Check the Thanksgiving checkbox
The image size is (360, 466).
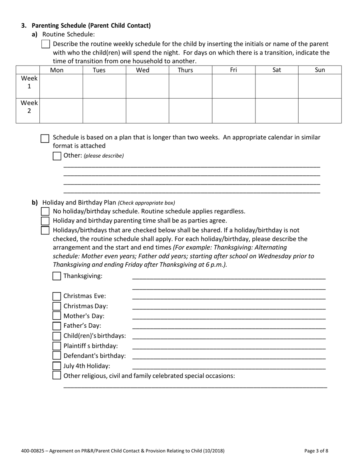[x=56, y=276]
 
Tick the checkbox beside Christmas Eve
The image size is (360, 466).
[x=56, y=296]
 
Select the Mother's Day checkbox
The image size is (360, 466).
[x=56, y=316]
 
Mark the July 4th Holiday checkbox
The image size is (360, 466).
[x=56, y=366]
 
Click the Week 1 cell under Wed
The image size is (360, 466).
[x=147, y=86]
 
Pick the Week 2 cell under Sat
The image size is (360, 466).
[x=277, y=111]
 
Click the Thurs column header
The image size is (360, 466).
[x=185, y=70]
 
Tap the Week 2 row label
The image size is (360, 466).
[x=29, y=107]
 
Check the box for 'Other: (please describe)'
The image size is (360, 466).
[x=57, y=156]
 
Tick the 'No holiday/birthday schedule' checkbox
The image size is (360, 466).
[x=45, y=211]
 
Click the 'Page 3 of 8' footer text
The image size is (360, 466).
[x=316, y=451]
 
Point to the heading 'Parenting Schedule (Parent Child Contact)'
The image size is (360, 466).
[x=91, y=26]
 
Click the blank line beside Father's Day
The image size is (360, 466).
[x=229, y=326]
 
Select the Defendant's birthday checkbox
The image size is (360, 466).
[x=56, y=356]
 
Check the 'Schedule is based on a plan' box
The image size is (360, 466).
[x=45, y=138]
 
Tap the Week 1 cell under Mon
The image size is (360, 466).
[x=61, y=86]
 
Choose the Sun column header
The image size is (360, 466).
[x=320, y=70]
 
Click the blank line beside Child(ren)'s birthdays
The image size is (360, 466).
[x=229, y=336]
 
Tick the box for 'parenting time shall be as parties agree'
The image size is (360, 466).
[x=45, y=221]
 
